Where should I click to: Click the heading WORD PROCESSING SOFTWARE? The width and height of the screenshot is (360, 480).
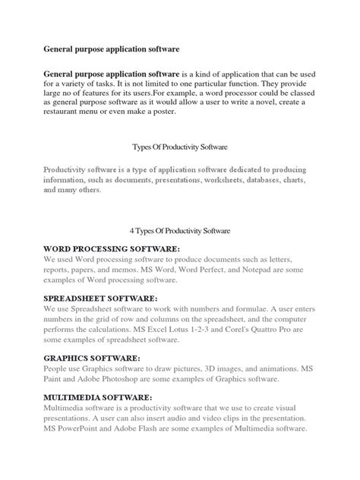click(111, 248)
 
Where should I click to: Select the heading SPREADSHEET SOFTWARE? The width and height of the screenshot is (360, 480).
click(100, 298)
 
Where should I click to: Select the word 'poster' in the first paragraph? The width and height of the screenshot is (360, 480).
click(161, 111)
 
